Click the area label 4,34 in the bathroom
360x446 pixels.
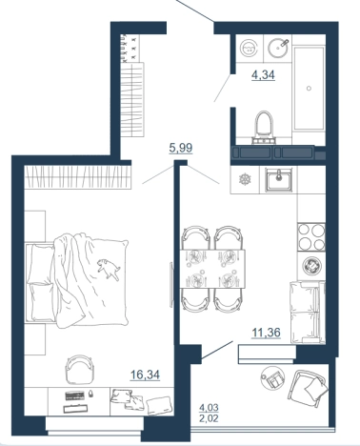(263, 75)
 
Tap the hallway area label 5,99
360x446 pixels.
(181, 148)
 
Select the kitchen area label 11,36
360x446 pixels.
(266, 333)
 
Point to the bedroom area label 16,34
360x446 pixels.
(145, 375)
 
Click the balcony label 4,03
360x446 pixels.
(209, 407)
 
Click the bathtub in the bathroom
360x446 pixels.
(310, 89)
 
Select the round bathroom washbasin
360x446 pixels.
(279, 48)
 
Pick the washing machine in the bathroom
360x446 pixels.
(250, 49)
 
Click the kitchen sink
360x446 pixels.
(278, 180)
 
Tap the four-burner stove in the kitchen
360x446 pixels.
(311, 236)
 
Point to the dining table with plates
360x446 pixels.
(212, 269)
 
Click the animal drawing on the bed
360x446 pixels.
(109, 269)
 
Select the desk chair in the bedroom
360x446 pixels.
(79, 370)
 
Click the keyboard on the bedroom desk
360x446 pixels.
(75, 395)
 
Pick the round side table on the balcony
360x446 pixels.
(273, 378)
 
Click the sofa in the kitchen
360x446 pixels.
(308, 313)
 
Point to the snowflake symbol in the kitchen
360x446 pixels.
(245, 180)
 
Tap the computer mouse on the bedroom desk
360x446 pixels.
(91, 394)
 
